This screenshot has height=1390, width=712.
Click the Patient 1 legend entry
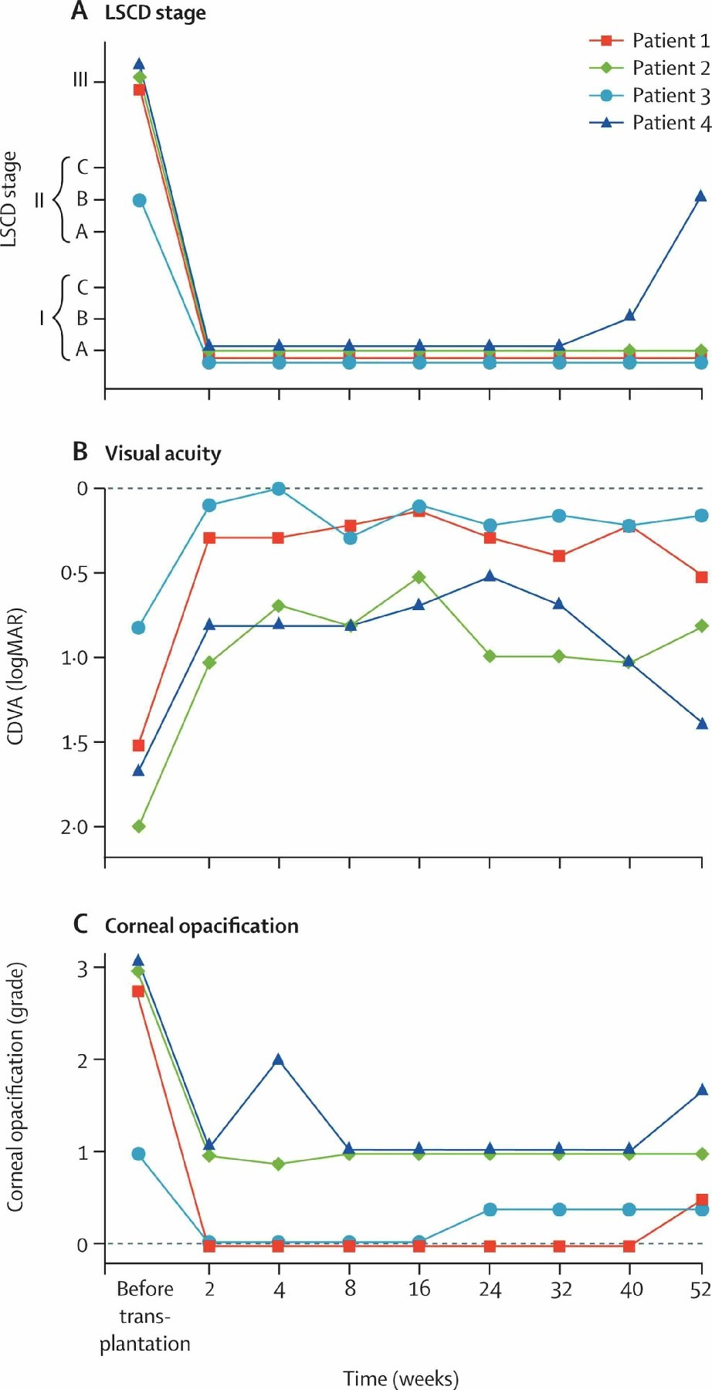(649, 41)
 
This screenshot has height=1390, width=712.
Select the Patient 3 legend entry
(649, 96)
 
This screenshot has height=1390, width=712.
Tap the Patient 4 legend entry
(649, 123)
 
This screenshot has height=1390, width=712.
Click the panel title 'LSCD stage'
(155, 14)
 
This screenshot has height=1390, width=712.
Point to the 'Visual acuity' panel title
(163, 453)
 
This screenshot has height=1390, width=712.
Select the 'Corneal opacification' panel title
(202, 926)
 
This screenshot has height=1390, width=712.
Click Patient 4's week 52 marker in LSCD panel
(700, 196)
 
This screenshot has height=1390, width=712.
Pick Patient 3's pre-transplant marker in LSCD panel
(139, 201)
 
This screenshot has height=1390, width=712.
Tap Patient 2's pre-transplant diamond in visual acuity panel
(139, 826)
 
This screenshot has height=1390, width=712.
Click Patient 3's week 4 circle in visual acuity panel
(279, 489)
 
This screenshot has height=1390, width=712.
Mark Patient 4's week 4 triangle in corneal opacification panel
(279, 1060)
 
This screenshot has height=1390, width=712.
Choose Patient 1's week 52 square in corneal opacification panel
(701, 1200)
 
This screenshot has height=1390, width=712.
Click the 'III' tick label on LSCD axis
(80, 81)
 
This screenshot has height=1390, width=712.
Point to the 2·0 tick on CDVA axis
(75, 827)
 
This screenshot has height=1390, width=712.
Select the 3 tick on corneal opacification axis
(82, 968)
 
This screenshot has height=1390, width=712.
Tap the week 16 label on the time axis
(419, 1289)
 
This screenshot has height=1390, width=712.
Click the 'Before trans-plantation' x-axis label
(144, 1316)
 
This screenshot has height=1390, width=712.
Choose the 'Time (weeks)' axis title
(401, 1378)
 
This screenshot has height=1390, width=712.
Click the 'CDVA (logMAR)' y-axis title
(15, 676)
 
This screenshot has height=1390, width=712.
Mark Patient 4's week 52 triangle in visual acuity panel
(701, 724)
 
